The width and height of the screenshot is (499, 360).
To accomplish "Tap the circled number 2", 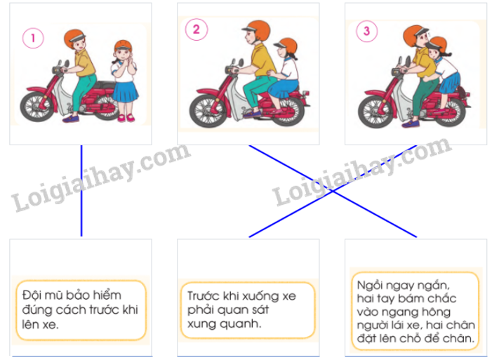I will tap(196, 29).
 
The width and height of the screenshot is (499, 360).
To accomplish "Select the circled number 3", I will tap(366, 30).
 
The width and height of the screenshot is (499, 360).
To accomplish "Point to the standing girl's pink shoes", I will tap(126, 118).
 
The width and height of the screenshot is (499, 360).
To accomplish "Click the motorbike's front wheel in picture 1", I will tap(35, 105).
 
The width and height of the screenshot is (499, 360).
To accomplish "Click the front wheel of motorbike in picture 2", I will tap(205, 111).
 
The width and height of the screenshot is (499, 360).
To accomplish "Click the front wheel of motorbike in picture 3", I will tap(374, 109).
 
